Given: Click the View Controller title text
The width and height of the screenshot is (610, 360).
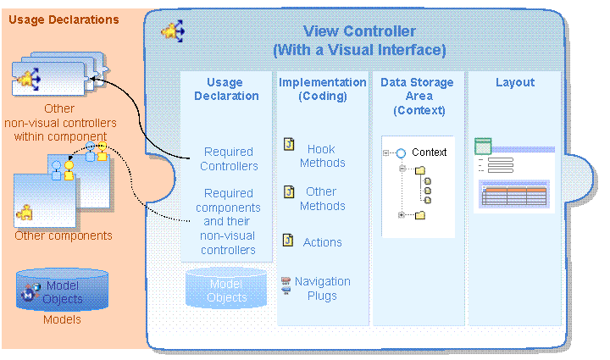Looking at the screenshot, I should tap(359, 41).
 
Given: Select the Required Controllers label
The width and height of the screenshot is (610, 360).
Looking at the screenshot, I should tap(229, 159).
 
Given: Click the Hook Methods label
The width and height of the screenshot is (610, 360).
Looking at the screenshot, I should tap(322, 156).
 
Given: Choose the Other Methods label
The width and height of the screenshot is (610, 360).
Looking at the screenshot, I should tap(322, 199).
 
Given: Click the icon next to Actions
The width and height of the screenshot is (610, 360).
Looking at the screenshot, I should tap(288, 241).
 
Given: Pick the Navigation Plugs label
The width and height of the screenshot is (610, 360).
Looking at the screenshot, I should tap(322, 289).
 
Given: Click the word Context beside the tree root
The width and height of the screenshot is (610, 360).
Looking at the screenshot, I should tap(429, 152).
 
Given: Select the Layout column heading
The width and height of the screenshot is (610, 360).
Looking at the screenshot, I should tap(515, 82).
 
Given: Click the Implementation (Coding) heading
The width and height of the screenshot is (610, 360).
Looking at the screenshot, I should tap(323, 89).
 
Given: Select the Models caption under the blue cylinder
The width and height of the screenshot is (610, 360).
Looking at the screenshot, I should tap(62, 320).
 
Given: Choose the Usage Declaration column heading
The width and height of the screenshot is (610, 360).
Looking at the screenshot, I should tap(225, 89).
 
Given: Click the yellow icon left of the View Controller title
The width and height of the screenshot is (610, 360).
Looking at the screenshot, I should tap(174, 33).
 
